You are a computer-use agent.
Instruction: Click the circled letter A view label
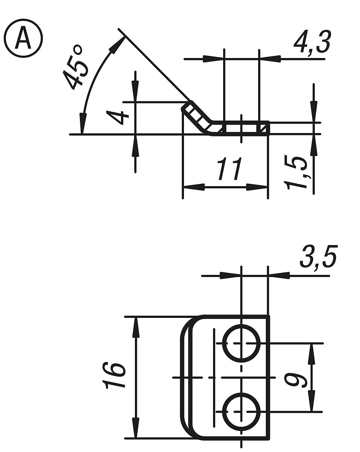point(23,39)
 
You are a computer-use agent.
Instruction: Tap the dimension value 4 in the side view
point(116,118)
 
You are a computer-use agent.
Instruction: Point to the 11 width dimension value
point(229,170)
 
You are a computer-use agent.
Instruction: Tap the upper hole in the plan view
point(241,343)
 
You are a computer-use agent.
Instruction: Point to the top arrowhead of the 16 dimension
point(136,327)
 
